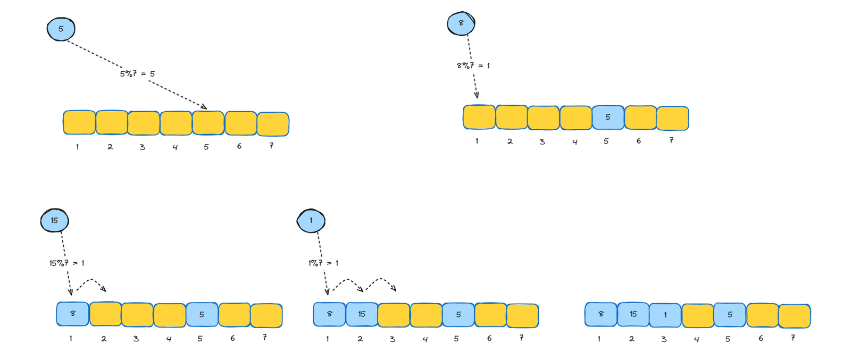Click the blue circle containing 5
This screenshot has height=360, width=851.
(x=61, y=29)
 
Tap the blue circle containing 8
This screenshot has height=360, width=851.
(x=461, y=23)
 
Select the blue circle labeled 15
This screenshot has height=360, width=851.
(x=55, y=220)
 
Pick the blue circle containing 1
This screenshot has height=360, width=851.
(x=311, y=221)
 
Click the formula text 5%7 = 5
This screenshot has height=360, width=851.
(x=138, y=74)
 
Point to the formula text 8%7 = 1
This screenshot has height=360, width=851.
(x=473, y=66)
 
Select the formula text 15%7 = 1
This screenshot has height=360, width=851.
(x=67, y=263)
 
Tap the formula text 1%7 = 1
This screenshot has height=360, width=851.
(x=323, y=263)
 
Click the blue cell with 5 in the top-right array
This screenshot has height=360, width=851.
(x=608, y=118)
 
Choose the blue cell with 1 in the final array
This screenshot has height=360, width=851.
(x=665, y=315)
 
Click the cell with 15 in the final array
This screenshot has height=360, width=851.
(x=633, y=314)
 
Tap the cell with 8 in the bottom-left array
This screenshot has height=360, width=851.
(x=73, y=314)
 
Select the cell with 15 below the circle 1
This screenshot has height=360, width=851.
(x=362, y=314)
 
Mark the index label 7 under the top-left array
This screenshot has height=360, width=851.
(x=272, y=146)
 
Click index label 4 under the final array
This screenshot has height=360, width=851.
(x=696, y=339)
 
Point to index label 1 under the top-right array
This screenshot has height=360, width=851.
(x=477, y=141)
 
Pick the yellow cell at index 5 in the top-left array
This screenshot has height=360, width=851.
(x=208, y=123)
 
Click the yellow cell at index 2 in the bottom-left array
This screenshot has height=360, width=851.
(x=106, y=314)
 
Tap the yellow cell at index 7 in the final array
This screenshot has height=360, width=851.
(x=795, y=316)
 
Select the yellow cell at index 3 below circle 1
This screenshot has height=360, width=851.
(x=394, y=315)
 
